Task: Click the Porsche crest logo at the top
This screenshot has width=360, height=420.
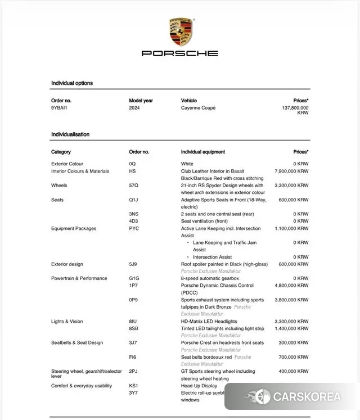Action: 180,32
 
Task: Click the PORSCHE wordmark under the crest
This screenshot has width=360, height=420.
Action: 180,53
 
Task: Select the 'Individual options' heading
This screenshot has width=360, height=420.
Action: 72,83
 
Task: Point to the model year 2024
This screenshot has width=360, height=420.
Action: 134,107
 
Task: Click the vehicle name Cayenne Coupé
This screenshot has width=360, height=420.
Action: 198,107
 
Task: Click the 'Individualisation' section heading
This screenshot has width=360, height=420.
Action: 70,134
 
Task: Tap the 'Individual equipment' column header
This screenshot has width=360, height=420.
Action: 202,152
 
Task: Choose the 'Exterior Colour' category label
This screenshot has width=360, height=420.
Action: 67,164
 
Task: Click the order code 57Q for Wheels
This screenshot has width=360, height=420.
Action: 133,185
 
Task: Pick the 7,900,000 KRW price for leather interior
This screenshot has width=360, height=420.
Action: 291,171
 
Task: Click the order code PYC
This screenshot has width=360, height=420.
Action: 134,228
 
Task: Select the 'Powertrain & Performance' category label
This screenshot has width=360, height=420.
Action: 79,278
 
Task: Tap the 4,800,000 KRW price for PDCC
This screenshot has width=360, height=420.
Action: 291,286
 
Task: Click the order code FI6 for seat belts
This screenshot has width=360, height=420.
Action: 133,357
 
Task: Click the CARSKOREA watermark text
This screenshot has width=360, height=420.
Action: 307,397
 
